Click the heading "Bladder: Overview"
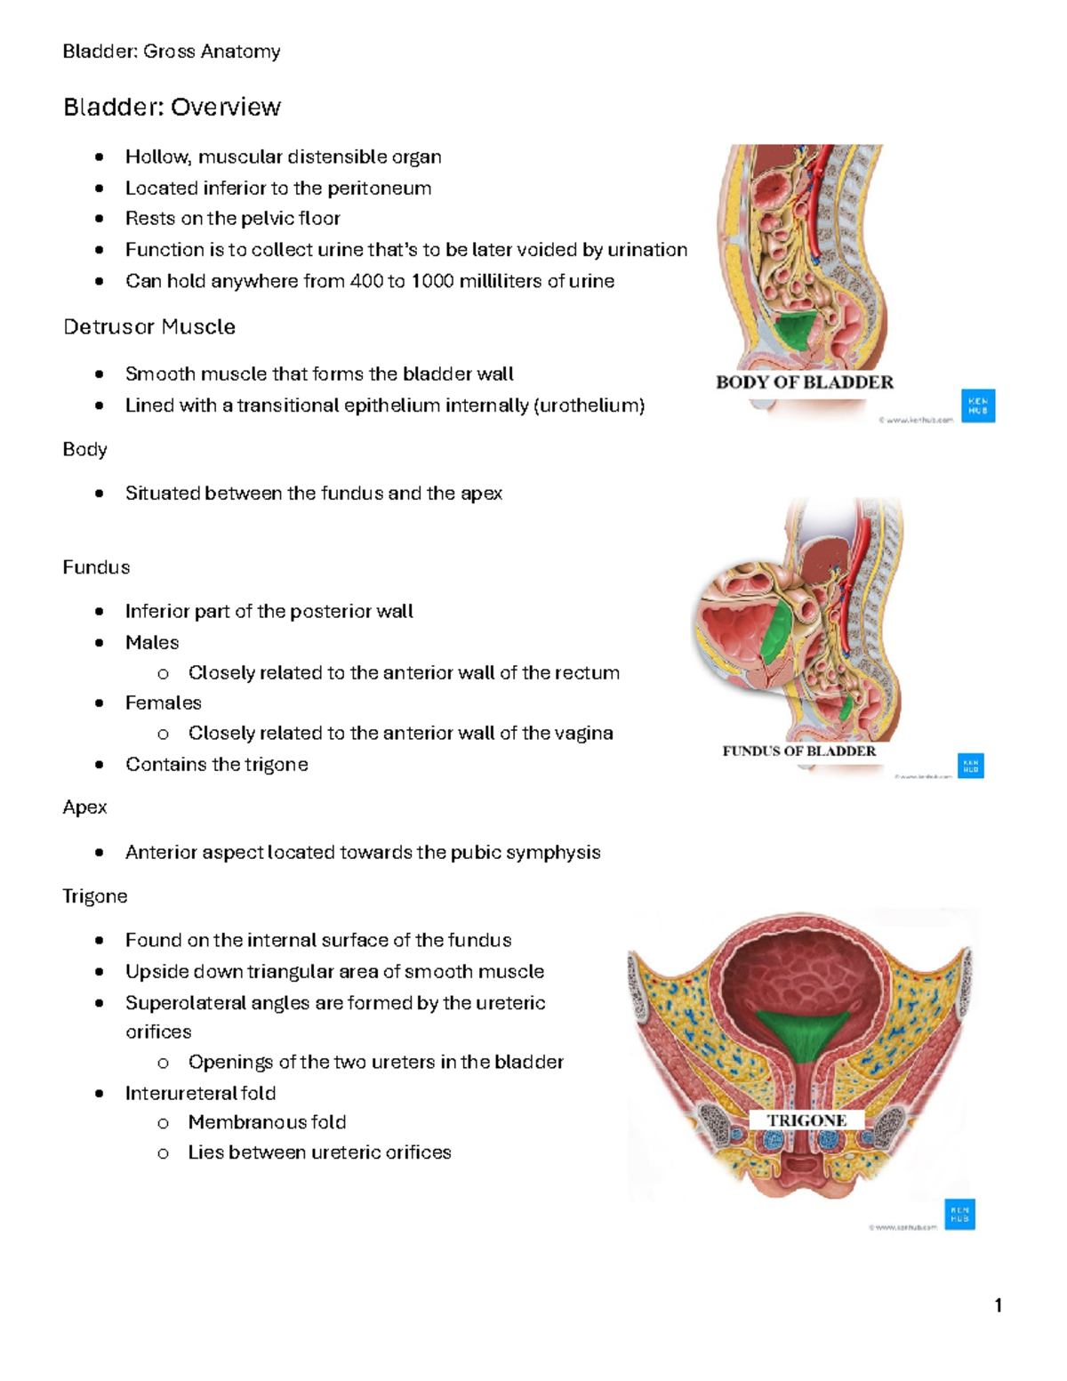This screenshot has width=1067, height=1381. coord(172,108)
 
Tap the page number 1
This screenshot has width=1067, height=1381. coord(999,1305)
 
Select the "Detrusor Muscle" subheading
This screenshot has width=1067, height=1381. coord(149,327)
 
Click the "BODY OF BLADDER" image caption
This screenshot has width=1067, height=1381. coord(804,382)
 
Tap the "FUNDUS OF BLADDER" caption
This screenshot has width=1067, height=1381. coord(798,751)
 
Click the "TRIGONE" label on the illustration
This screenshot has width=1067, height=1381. coord(806,1120)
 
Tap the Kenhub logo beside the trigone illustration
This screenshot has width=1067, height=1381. coord(959,1214)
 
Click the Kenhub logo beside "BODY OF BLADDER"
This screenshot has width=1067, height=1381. coord(978,405)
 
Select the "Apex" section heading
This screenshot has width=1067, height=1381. coord(84,807)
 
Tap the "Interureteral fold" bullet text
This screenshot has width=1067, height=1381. coord(200,1093)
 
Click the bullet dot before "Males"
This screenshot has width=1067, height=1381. coord(100,643)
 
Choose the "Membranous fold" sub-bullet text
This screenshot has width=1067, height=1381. coord(267,1122)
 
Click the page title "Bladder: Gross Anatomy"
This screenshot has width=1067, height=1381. coord(172,52)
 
